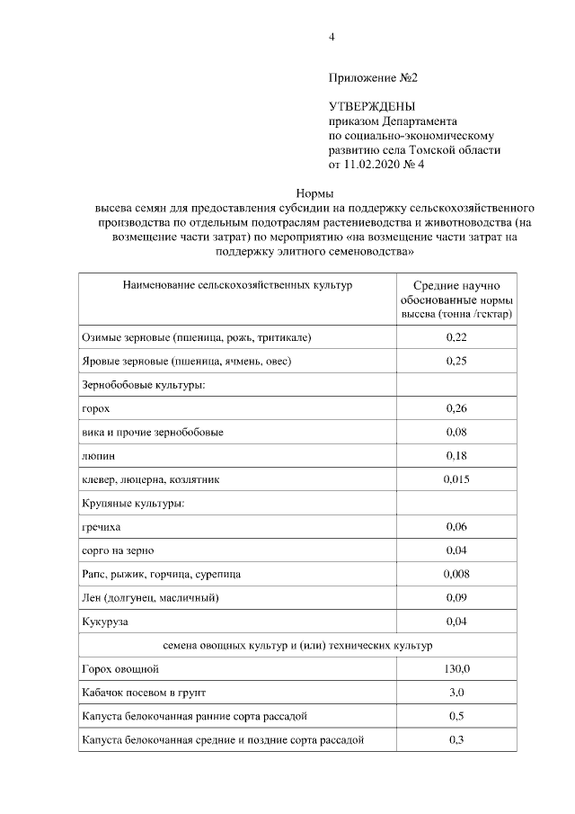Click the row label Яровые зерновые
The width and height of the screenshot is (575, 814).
pos(186,361)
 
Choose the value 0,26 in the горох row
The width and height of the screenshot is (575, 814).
pos(456,408)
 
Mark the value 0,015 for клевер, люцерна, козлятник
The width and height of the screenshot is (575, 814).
pos(456,479)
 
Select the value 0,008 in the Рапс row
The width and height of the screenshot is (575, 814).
pos(456,573)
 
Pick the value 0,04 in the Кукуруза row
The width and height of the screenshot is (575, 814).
pos(456,621)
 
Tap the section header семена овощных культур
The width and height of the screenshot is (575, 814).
pos(297,645)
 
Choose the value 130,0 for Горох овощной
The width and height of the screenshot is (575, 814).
pos(456,669)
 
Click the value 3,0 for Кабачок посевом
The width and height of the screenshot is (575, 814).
pos(456,693)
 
